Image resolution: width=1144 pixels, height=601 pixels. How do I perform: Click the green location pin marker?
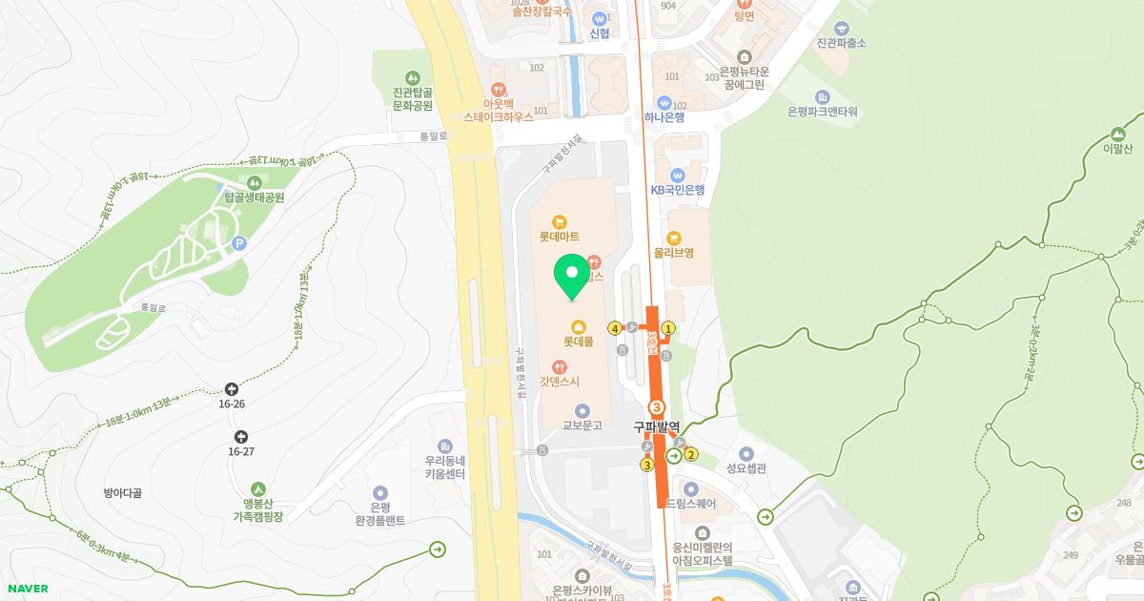572,275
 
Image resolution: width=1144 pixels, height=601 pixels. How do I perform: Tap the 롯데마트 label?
560,236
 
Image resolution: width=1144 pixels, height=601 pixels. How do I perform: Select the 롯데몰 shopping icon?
579,326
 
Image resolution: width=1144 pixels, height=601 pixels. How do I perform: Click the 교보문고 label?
582,425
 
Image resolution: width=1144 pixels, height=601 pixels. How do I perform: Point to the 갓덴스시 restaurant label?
560,381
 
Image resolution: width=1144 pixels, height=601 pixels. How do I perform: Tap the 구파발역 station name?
657,426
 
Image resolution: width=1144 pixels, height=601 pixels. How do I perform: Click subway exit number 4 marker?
615,328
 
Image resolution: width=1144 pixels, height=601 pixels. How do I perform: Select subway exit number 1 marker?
668,328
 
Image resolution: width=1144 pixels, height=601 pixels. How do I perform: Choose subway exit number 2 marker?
691,454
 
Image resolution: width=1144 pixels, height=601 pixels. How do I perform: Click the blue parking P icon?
238,243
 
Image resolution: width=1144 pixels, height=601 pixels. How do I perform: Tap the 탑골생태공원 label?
255,197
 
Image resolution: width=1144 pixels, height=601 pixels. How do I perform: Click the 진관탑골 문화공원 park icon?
412,77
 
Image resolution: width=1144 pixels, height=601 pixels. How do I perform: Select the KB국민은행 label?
678,190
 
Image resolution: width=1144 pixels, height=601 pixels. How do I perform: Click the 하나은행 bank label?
664,117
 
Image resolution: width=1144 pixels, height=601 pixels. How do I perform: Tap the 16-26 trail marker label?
232,404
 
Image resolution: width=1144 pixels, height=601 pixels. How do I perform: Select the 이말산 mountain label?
1117,148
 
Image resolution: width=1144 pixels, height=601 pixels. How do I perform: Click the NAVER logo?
26,589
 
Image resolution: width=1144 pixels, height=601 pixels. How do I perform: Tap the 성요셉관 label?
746,467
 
